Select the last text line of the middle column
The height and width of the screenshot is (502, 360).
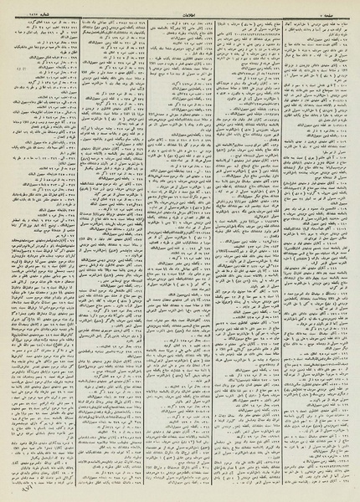[x=181, y=491]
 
